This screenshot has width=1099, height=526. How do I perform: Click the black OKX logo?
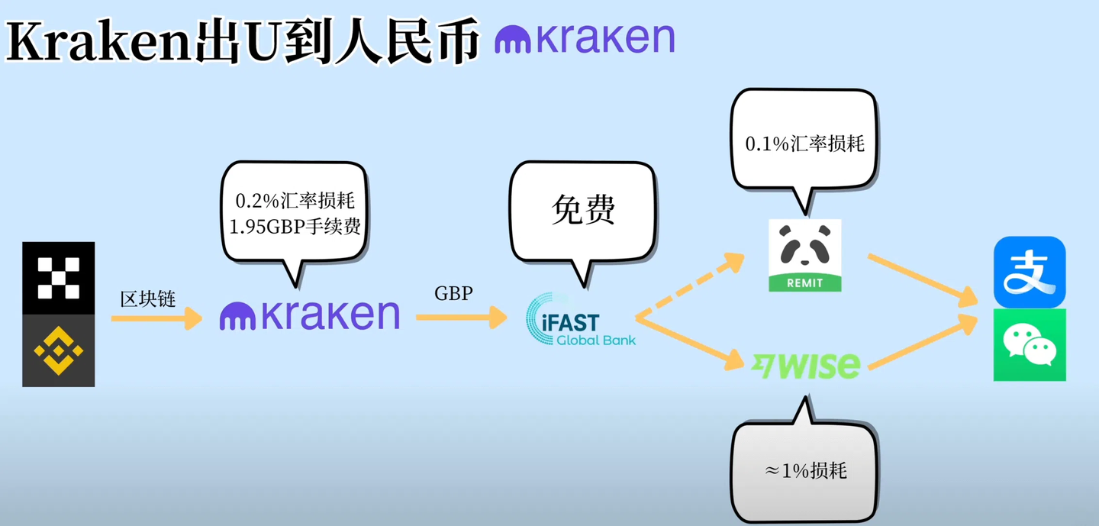(x=59, y=278)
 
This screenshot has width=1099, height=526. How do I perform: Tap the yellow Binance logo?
(x=59, y=350)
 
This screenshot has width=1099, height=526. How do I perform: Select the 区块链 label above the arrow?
(x=148, y=298)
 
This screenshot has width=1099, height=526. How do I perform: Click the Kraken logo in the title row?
(x=585, y=38)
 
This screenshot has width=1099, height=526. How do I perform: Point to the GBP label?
(x=453, y=293)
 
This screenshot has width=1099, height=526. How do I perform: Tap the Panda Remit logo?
(x=804, y=255)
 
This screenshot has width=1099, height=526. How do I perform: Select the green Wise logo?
(x=806, y=365)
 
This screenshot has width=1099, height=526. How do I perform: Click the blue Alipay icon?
(x=1029, y=272)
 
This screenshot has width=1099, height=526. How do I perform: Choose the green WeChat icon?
(x=1029, y=345)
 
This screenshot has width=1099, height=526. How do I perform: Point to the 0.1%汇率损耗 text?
(x=804, y=143)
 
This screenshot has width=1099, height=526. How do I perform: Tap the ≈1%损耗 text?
(x=805, y=470)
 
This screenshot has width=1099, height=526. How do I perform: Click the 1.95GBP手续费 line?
(x=295, y=227)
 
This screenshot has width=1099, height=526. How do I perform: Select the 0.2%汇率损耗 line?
(x=295, y=202)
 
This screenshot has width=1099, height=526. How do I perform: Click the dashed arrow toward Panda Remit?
(x=691, y=286)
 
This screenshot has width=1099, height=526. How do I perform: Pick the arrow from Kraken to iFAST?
(x=461, y=316)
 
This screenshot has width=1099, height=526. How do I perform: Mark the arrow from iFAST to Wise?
(x=691, y=340)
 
